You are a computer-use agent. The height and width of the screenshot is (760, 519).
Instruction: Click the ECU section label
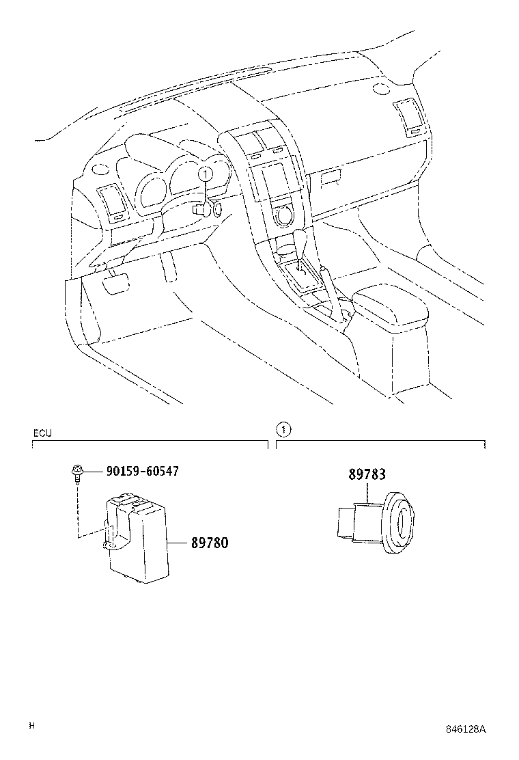coord(42,433)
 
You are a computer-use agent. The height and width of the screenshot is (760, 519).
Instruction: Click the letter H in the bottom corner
coord(31,726)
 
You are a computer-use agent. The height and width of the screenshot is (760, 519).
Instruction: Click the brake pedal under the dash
coord(115,282)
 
